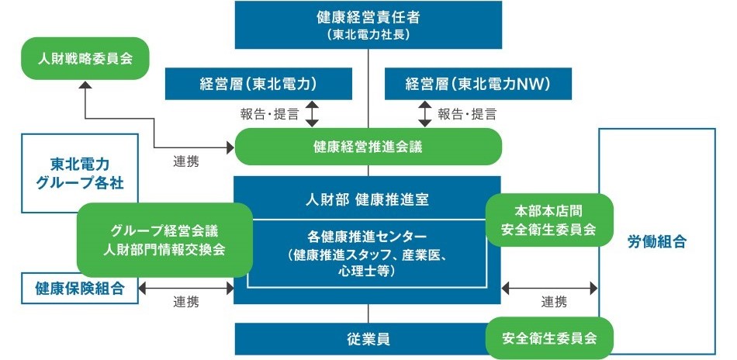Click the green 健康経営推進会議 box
pos(368,146)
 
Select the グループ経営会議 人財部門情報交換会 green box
pos(164,240)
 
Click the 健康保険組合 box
pos(80,289)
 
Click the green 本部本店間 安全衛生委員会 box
pos(549,220)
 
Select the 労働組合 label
pos(656,241)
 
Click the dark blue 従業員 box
pos(368,339)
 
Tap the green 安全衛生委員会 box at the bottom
pos(549,338)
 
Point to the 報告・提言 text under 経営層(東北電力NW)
pos(468,114)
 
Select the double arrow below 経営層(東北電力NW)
pos(424,113)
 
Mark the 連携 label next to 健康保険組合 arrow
pos(187,301)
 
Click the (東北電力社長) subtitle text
pos(368,35)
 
